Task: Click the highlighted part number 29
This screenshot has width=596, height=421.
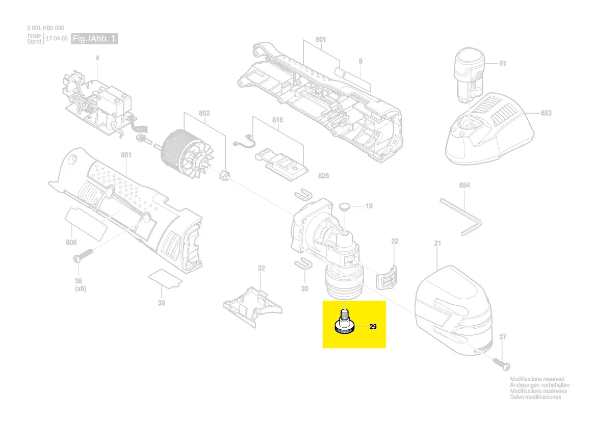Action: (373, 327)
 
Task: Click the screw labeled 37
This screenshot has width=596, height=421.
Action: (501, 364)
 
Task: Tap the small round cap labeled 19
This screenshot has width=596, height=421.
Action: (345, 206)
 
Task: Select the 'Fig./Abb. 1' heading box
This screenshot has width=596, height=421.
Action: (94, 39)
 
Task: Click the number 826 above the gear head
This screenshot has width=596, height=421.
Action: (323, 176)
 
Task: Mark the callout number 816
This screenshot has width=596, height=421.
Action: (277, 120)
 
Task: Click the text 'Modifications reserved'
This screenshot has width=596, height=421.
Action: (537, 379)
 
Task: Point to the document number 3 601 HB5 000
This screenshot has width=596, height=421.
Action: (46, 28)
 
